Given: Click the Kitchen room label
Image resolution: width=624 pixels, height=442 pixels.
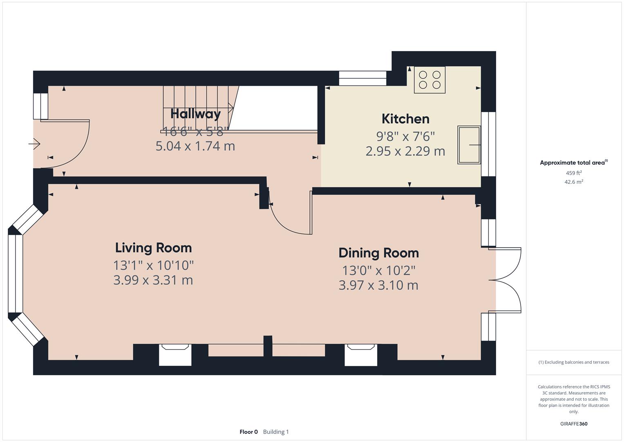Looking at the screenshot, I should pyautogui.click(x=405, y=119).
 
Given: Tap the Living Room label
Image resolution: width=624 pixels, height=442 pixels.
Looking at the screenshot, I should pyautogui.click(x=153, y=248).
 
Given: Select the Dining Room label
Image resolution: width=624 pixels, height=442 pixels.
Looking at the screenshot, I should pyautogui.click(x=378, y=253).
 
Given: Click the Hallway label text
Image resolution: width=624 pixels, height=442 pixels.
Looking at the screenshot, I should pyautogui.click(x=195, y=114).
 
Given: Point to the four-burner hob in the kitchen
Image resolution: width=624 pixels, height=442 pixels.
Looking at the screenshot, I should pyautogui.click(x=429, y=80).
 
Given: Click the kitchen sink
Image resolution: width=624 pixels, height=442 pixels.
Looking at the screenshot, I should pyautogui.click(x=469, y=145).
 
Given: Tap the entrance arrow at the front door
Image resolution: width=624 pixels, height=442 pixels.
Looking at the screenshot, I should pyautogui.click(x=34, y=144).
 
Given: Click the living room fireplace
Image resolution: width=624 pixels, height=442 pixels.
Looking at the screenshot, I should pyautogui.click(x=175, y=354).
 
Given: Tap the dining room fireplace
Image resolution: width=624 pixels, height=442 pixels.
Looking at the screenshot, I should pyautogui.click(x=361, y=354).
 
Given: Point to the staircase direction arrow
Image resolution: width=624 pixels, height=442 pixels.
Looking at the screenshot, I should pyautogui.click(x=231, y=108).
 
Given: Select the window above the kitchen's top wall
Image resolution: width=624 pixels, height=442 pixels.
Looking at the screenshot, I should pyautogui.click(x=362, y=78).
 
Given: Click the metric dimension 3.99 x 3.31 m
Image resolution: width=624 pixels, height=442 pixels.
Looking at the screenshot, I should pyautogui.click(x=153, y=280).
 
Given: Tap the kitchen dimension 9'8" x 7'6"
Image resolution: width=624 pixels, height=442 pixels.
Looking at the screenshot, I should pyautogui.click(x=405, y=136).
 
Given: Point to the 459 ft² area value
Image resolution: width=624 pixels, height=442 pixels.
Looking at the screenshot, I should pyautogui.click(x=574, y=173).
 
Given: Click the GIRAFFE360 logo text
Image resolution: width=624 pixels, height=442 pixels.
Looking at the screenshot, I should pyautogui.click(x=574, y=424).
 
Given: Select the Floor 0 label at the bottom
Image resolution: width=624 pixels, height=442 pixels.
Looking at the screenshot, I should pyautogui.click(x=248, y=432).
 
